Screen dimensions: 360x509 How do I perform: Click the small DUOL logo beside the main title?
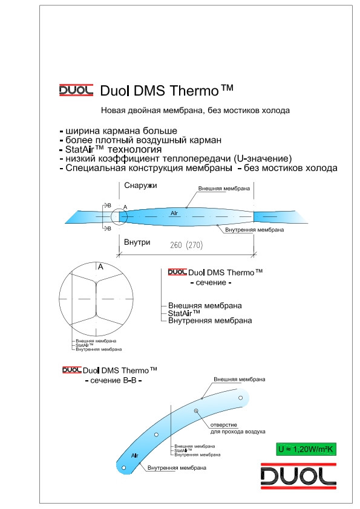(x=76, y=90)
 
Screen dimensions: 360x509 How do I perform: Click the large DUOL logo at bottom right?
(x=298, y=476)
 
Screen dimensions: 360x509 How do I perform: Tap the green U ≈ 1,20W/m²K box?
(x=306, y=449)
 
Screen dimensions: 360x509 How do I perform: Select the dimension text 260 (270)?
(x=186, y=245)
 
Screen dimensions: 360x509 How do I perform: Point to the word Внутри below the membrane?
(x=137, y=242)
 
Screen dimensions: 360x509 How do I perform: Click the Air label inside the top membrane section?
(x=174, y=213)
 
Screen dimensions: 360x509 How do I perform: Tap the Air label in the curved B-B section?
(x=135, y=455)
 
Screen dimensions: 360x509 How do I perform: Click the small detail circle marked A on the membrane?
(x=119, y=216)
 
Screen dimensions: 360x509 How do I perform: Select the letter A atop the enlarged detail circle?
(x=100, y=267)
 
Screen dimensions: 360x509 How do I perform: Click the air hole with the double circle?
(x=196, y=411)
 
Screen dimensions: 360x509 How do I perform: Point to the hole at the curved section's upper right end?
(x=240, y=398)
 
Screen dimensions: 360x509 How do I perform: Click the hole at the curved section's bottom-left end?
(x=123, y=468)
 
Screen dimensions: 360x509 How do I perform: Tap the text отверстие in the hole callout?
(x=223, y=425)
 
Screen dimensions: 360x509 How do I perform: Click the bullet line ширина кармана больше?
(x=119, y=131)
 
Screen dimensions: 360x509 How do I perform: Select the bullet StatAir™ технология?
(x=111, y=149)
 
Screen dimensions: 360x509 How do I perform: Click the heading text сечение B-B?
(x=113, y=380)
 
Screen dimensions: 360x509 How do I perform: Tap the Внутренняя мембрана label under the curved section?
(x=177, y=468)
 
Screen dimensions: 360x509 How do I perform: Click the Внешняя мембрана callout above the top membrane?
(x=224, y=189)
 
